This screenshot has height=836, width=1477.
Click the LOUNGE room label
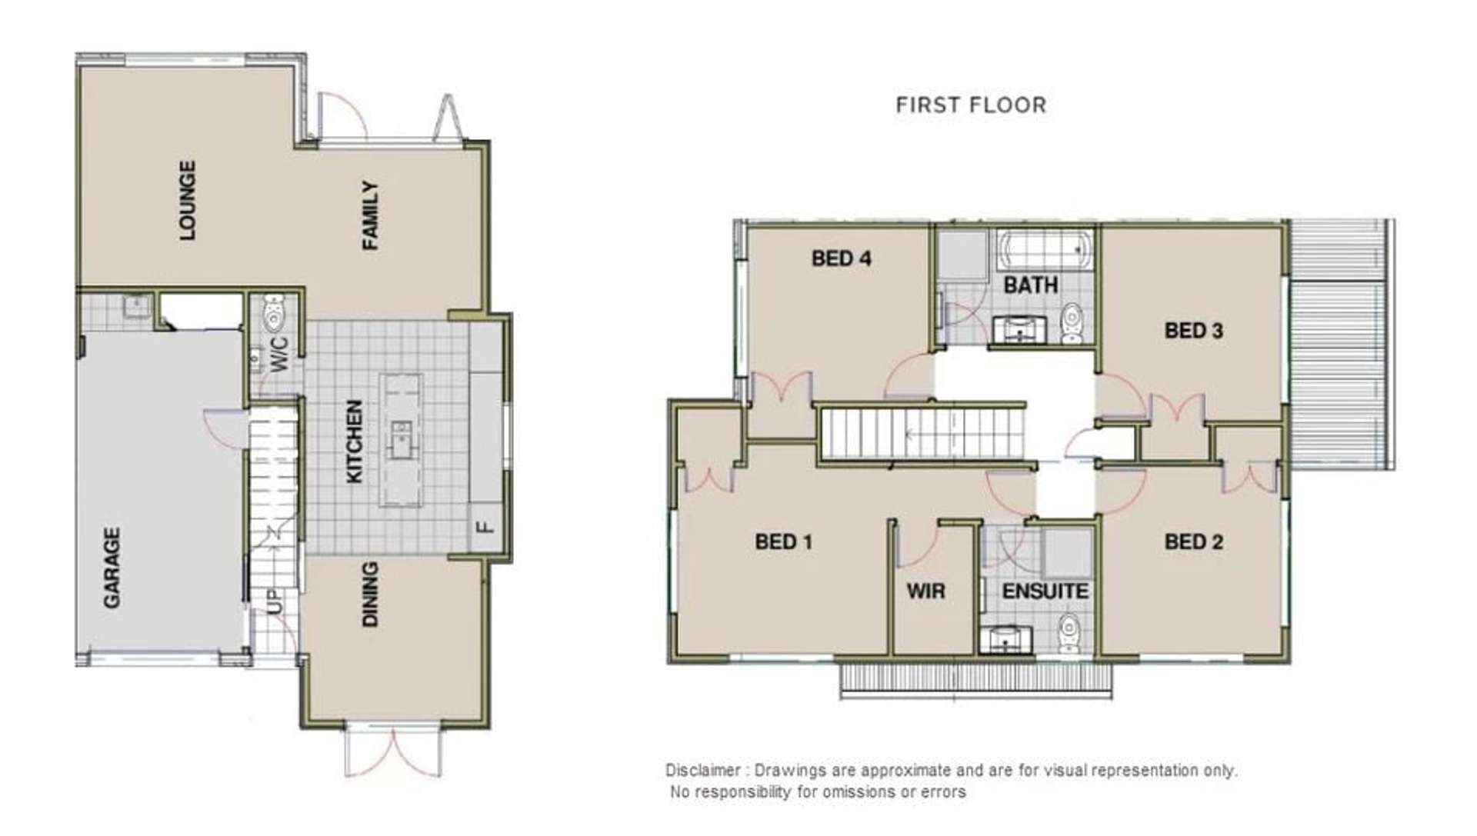coord(187,200)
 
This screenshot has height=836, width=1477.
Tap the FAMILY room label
coord(370,215)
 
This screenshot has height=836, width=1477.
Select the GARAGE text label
coord(112,568)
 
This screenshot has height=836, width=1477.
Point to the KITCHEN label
coord(354,441)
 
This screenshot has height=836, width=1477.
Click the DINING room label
coord(370,594)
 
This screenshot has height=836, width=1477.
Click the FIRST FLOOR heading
coord(971,105)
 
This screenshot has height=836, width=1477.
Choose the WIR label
coord(925,591)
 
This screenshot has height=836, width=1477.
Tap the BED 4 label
coord(841,258)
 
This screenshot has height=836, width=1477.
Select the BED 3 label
coord(1193,331)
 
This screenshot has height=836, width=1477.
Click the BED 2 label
coord(1193,542)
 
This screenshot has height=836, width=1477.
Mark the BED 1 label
coord(783,542)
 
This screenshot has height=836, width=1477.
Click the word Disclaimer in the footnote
coord(702,770)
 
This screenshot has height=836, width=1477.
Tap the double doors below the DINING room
coord(393,752)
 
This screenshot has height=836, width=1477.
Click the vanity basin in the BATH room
coord(1019,330)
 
